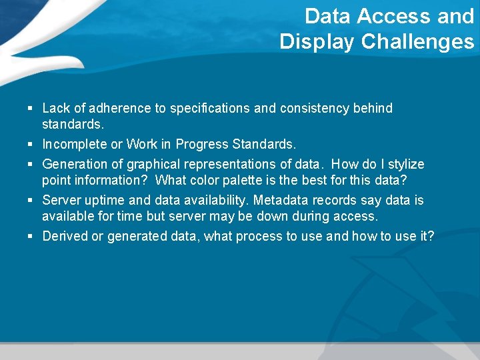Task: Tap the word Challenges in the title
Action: (x=417, y=42)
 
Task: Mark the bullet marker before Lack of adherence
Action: (x=31, y=108)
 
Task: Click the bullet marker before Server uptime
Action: (x=31, y=200)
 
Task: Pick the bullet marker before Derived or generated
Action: (x=31, y=236)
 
